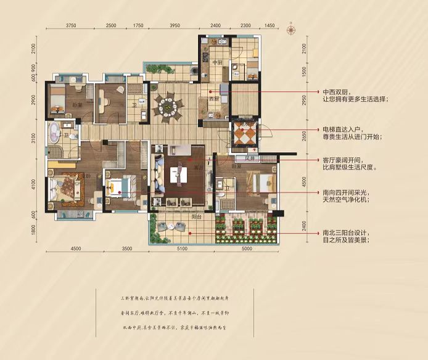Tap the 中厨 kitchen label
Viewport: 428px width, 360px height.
pyautogui.click(x=217, y=63)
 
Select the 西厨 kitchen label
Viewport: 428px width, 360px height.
pyautogui.click(x=214, y=99)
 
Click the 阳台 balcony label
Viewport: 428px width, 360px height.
pyautogui.click(x=195, y=217)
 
